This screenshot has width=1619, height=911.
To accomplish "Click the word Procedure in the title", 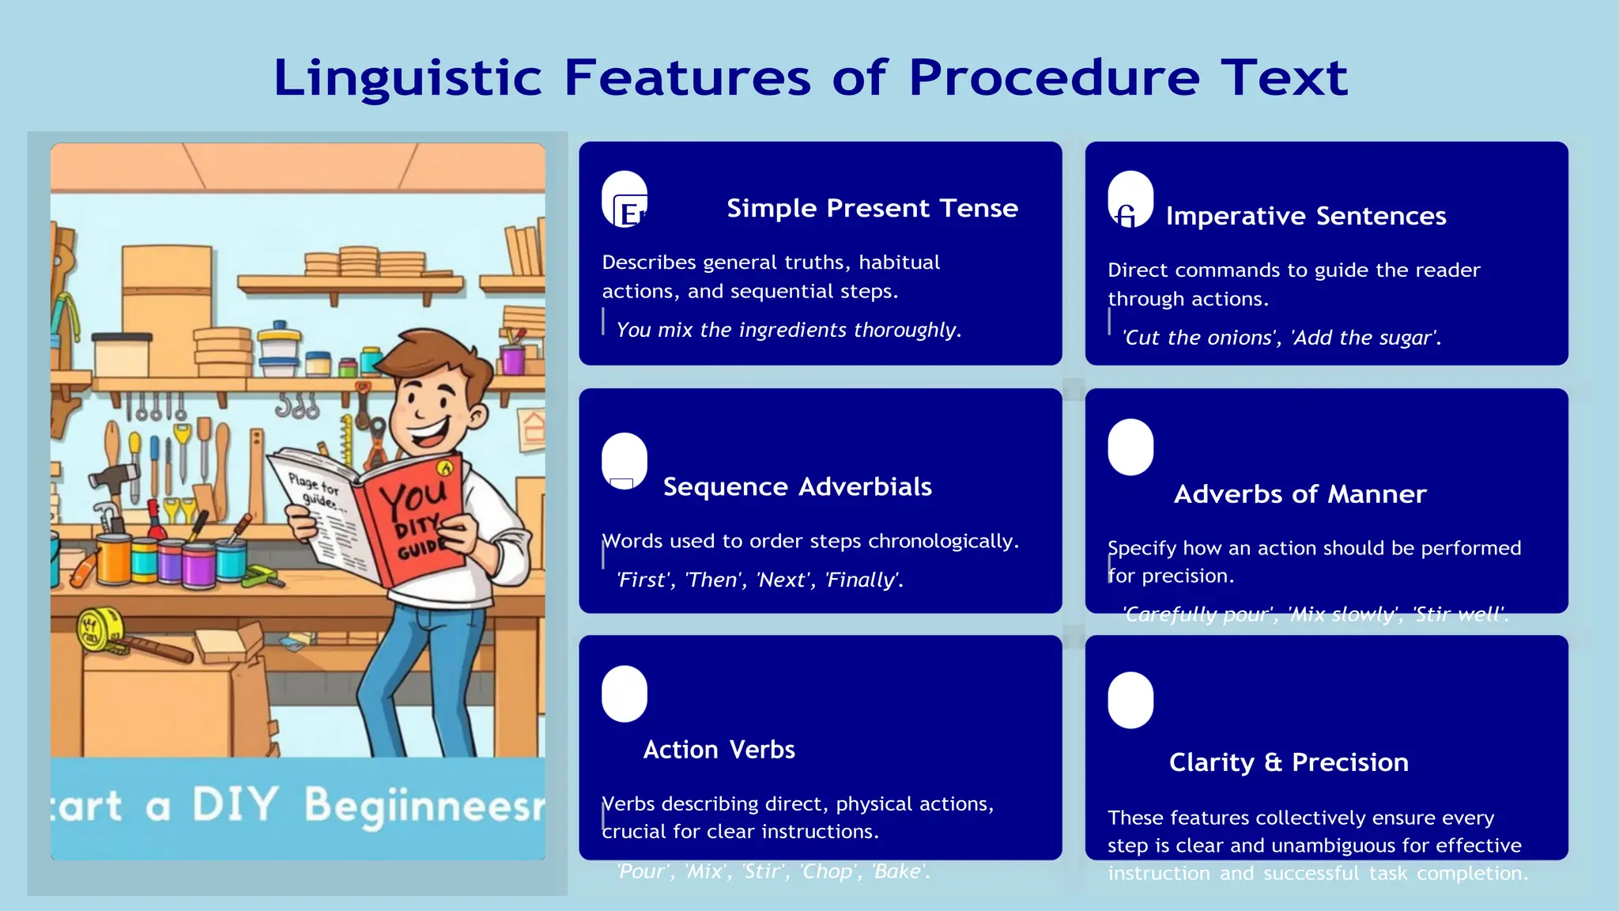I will (x=1054, y=79).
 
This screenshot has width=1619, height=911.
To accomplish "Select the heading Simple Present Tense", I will (x=872, y=208).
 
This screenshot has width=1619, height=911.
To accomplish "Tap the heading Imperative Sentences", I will (x=1305, y=216).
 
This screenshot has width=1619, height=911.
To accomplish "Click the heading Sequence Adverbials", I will (x=797, y=487).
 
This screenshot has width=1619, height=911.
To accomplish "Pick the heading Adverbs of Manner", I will (x=1300, y=494).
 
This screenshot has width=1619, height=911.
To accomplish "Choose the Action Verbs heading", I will (x=719, y=750).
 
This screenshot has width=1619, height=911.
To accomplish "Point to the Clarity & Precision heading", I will (x=1289, y=762).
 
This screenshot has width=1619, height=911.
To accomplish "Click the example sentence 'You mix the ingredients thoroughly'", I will (x=788, y=330).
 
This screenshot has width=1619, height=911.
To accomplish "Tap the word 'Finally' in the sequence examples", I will (x=862, y=580).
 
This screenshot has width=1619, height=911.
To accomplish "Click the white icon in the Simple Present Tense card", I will (x=625, y=199).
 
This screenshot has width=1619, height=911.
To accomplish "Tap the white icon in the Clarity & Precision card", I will (x=1130, y=700).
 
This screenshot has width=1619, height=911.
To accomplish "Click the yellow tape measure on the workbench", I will (x=100, y=629).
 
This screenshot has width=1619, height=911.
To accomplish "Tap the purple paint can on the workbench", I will (x=198, y=565).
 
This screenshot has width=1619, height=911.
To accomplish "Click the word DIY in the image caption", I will (x=235, y=805).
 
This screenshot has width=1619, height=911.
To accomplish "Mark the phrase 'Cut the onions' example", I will (x=1199, y=338).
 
